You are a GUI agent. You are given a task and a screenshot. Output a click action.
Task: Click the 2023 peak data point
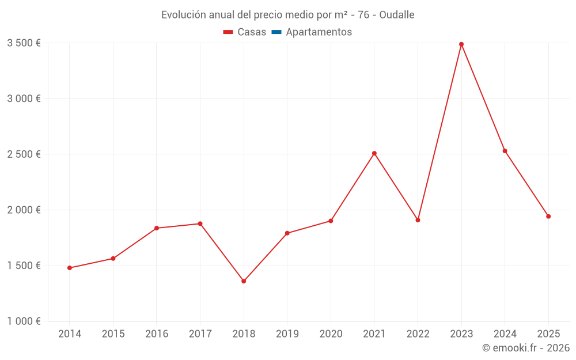461,44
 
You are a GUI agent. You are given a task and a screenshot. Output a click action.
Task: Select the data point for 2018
244,281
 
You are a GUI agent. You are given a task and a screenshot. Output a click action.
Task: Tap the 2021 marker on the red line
374,153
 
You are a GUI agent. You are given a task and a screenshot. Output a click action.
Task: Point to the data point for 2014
70,268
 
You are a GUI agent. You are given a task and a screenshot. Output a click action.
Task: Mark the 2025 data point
548,217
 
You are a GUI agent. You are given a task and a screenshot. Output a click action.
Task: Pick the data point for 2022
418,220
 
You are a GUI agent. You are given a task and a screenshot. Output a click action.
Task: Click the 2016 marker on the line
157,228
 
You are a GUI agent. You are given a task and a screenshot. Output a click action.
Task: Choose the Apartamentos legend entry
319,32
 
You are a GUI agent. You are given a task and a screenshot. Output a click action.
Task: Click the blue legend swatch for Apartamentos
276,32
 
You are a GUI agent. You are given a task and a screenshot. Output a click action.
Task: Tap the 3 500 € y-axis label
24,43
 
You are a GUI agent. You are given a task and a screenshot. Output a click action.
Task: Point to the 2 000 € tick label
24,210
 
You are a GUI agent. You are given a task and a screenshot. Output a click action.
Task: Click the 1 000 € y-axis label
24,321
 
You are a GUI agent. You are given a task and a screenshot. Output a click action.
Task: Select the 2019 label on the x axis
287,334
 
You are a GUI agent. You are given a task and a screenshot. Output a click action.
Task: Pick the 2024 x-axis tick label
505,334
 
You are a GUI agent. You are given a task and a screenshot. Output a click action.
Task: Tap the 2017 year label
200,334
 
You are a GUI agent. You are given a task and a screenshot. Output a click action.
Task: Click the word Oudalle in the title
397,15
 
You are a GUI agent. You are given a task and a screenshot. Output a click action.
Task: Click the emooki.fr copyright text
526,348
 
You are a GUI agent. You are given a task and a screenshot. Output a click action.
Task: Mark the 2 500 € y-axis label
24,154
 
